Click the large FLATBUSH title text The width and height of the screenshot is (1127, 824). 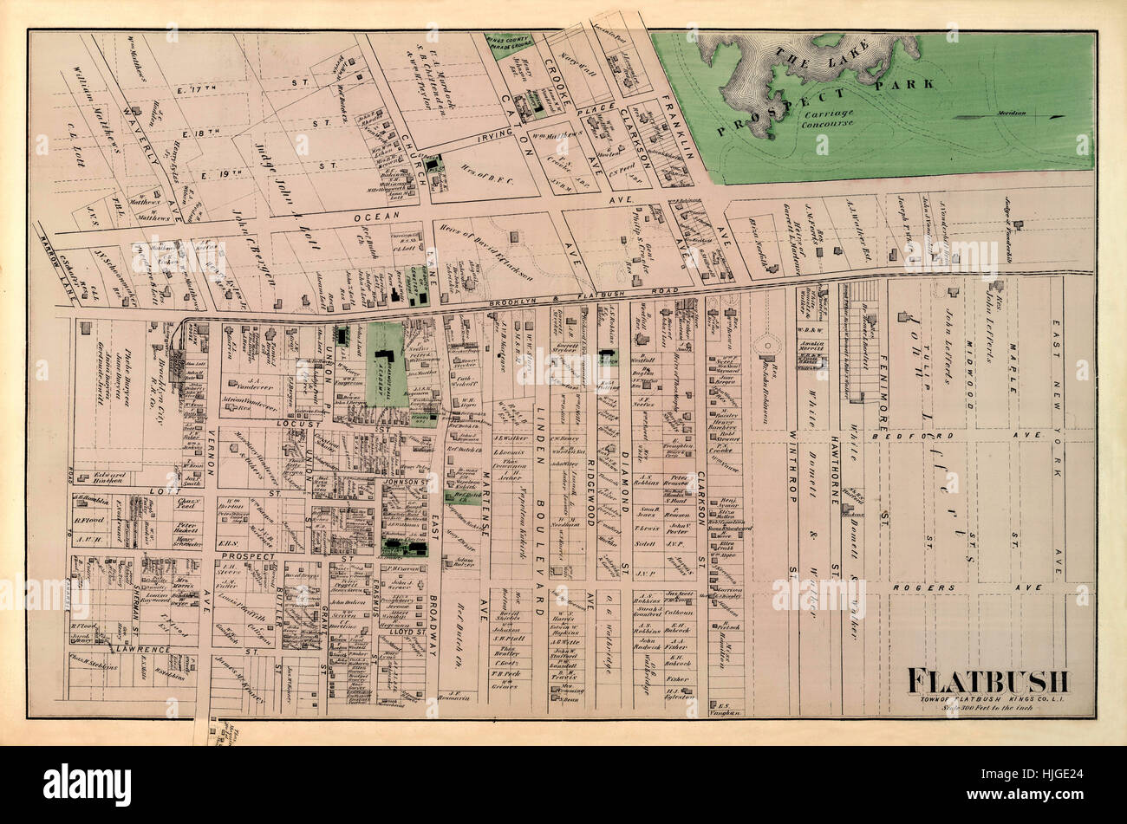coord(988,681)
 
